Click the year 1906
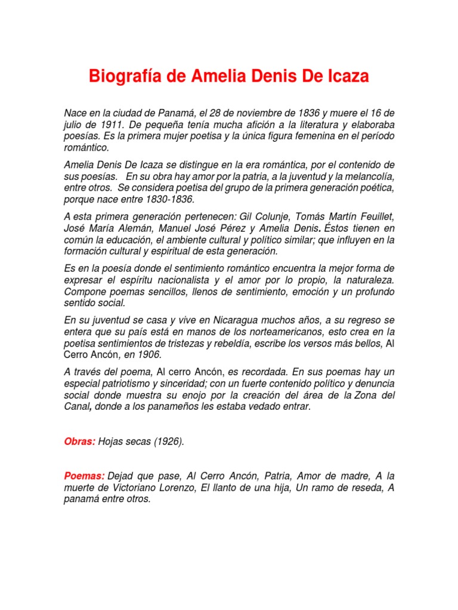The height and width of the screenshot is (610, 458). pyautogui.click(x=148, y=354)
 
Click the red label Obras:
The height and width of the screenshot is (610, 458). pyautogui.click(x=80, y=441)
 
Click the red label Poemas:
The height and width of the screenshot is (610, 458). pyautogui.click(x=84, y=476)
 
